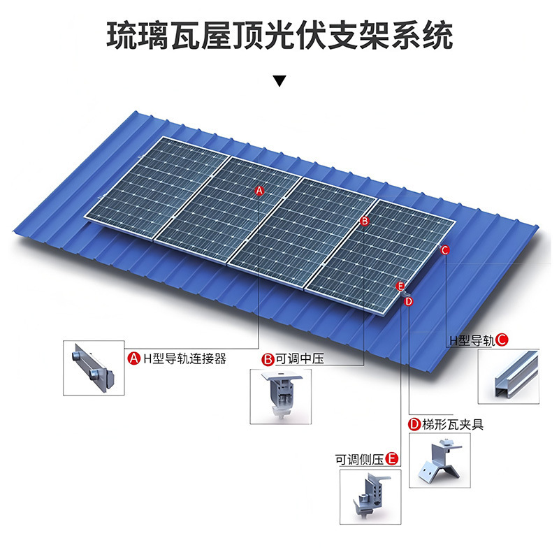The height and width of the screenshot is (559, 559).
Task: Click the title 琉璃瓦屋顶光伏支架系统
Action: tap(279, 36)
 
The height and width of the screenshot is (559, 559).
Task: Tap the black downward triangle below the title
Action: tap(279, 80)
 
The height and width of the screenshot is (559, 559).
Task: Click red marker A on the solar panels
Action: tap(259, 190)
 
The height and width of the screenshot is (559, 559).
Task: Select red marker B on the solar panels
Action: tap(364, 221)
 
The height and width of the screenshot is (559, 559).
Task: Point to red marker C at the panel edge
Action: tap(445, 249)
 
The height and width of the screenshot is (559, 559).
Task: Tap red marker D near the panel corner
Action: tap(409, 300)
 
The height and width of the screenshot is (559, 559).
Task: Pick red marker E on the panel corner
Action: tap(400, 286)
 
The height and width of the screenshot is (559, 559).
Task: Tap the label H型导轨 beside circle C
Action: tap(472, 341)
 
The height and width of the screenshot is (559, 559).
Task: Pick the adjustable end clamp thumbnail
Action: tap(370, 498)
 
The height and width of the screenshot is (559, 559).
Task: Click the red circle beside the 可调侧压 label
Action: tap(393, 459)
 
